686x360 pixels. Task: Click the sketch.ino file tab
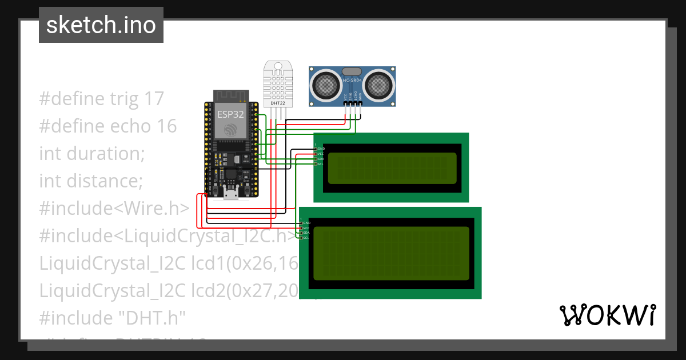[101, 25]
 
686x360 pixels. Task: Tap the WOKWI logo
[607, 315]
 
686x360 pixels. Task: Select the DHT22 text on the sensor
[278, 103]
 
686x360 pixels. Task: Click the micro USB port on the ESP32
[231, 195]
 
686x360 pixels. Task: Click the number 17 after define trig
[153, 98]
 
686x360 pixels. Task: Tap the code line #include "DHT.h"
[113, 318]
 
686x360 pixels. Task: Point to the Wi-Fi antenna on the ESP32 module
[231, 95]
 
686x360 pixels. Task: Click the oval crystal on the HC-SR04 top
[352, 71]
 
